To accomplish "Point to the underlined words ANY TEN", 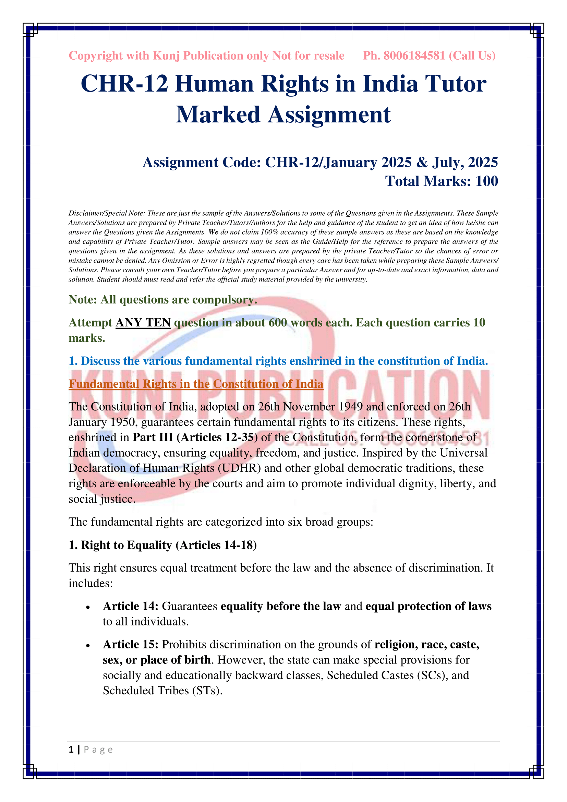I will [x=143, y=322].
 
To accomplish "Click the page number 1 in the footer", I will [x=71, y=749].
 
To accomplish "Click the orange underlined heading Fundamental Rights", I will [x=196, y=384].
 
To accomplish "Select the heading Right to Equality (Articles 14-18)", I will [x=162, y=545].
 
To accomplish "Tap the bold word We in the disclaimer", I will [x=213, y=232].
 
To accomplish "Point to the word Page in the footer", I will [x=98, y=750].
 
